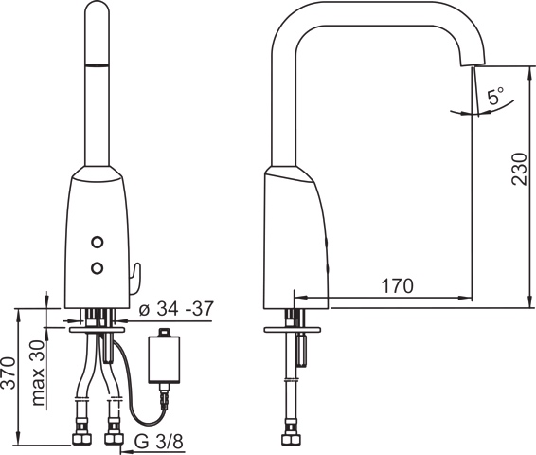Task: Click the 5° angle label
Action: [496, 97]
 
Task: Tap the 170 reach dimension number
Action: [397, 284]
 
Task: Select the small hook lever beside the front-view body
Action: [134, 278]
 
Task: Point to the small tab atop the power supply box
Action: [166, 333]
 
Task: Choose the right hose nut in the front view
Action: [115, 438]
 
